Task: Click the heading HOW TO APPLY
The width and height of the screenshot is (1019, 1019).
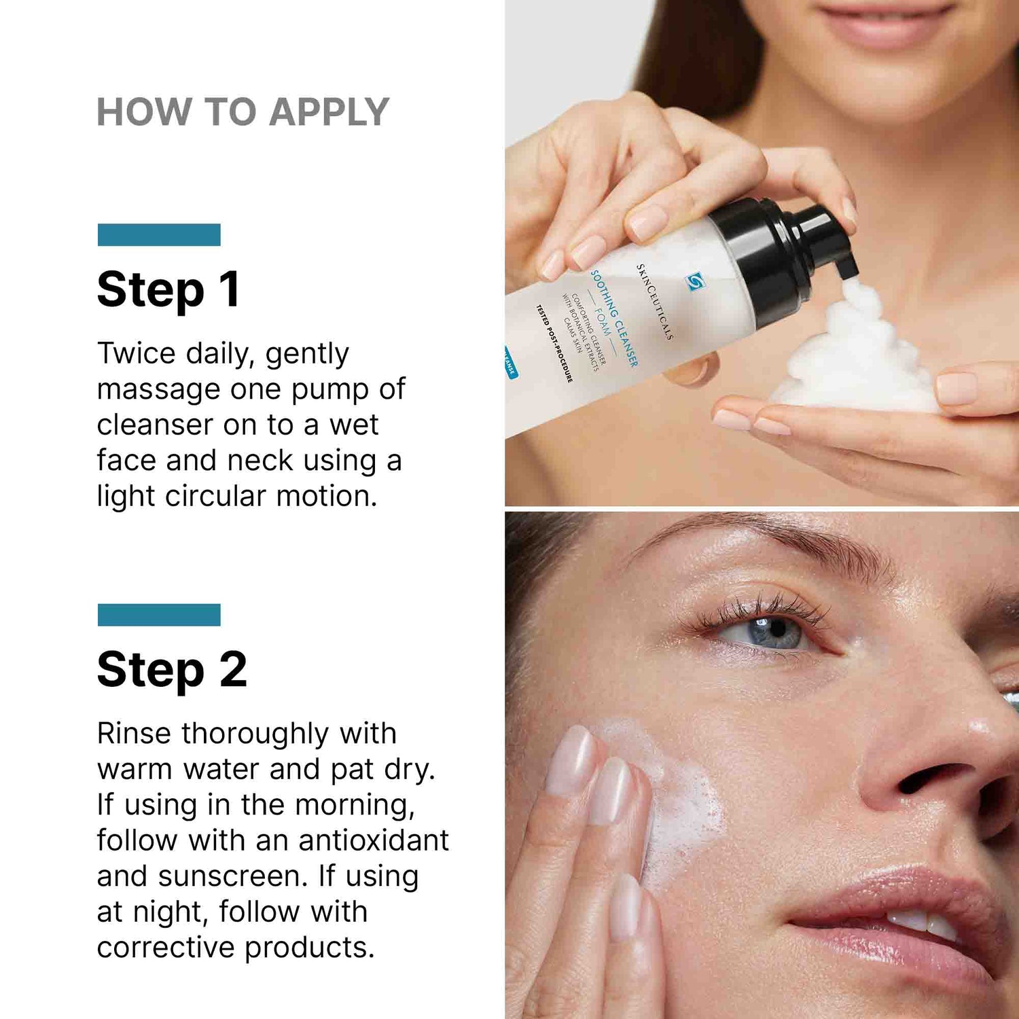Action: pyautogui.click(x=243, y=112)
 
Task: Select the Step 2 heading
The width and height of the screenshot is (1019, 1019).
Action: pyautogui.click(x=172, y=670)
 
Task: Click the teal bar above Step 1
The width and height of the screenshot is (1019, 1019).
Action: pyautogui.click(x=159, y=234)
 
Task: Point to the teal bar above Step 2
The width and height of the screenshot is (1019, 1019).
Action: pyautogui.click(x=159, y=615)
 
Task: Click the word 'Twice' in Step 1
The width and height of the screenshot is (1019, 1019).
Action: pyautogui.click(x=137, y=353)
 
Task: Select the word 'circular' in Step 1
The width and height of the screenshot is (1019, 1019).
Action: pyautogui.click(x=215, y=496)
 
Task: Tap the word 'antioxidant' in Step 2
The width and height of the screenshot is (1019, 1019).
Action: pyautogui.click(x=373, y=840)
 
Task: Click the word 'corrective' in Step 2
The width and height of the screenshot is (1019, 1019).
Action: pyautogui.click(x=166, y=948)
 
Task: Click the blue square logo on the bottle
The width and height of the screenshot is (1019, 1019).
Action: pyautogui.click(x=694, y=281)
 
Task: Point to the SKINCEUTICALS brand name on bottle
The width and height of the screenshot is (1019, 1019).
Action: pyautogui.click(x=654, y=302)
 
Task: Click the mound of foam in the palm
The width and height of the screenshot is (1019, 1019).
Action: pyautogui.click(x=856, y=360)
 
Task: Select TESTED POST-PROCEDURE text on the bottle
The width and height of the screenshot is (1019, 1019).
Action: pyautogui.click(x=554, y=343)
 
